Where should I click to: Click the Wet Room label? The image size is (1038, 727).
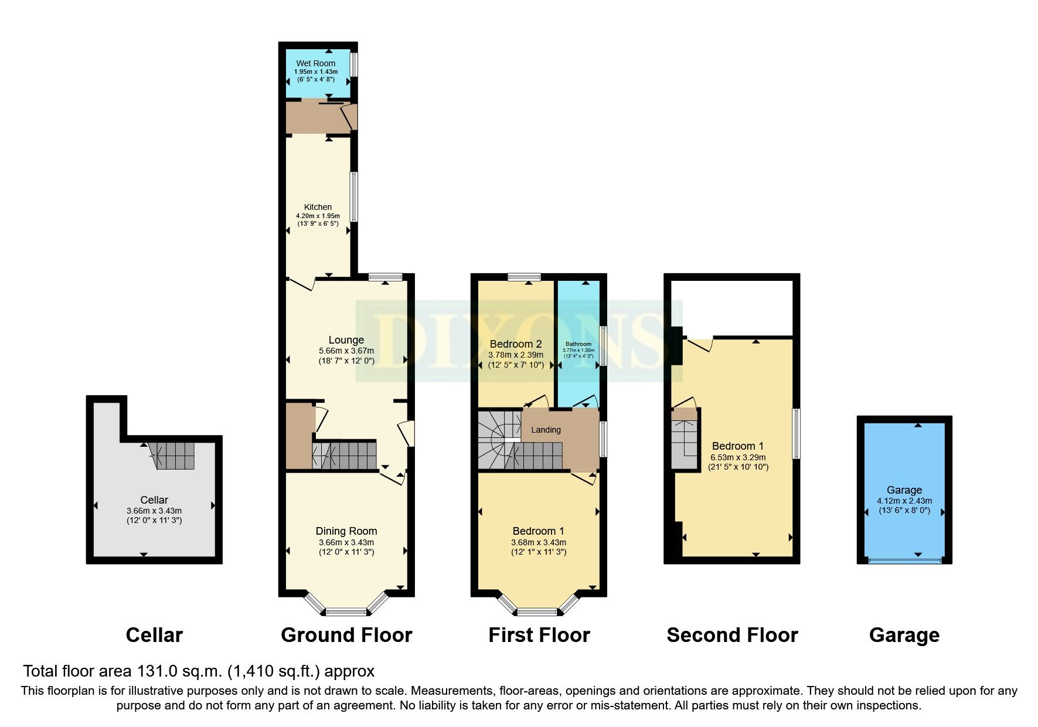[x=315, y=63]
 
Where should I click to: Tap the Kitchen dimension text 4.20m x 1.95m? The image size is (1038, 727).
[x=317, y=216]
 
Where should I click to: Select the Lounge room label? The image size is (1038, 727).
[x=346, y=340]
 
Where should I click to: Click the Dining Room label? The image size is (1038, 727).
[x=346, y=531]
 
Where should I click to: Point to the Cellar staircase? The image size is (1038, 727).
[x=173, y=456]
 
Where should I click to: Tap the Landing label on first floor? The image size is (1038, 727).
[x=546, y=430]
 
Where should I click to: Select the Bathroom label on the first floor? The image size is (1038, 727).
[x=578, y=344]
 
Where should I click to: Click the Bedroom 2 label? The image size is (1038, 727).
[x=516, y=344]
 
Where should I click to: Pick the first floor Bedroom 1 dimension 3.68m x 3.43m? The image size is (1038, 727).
[x=539, y=542]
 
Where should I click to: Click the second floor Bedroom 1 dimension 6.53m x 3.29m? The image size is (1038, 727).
[x=738, y=457]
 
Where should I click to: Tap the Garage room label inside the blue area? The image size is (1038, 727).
[x=904, y=490]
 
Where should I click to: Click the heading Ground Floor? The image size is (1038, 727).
[x=346, y=635]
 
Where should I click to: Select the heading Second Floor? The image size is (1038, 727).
[x=732, y=635]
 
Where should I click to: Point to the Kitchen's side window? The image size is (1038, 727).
[x=353, y=196]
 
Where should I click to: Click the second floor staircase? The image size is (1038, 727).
[x=685, y=444]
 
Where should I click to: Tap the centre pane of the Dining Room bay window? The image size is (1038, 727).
[x=346, y=613]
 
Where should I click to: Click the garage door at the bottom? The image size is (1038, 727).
[x=904, y=561]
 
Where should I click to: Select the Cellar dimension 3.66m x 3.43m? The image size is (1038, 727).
[x=154, y=511]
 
